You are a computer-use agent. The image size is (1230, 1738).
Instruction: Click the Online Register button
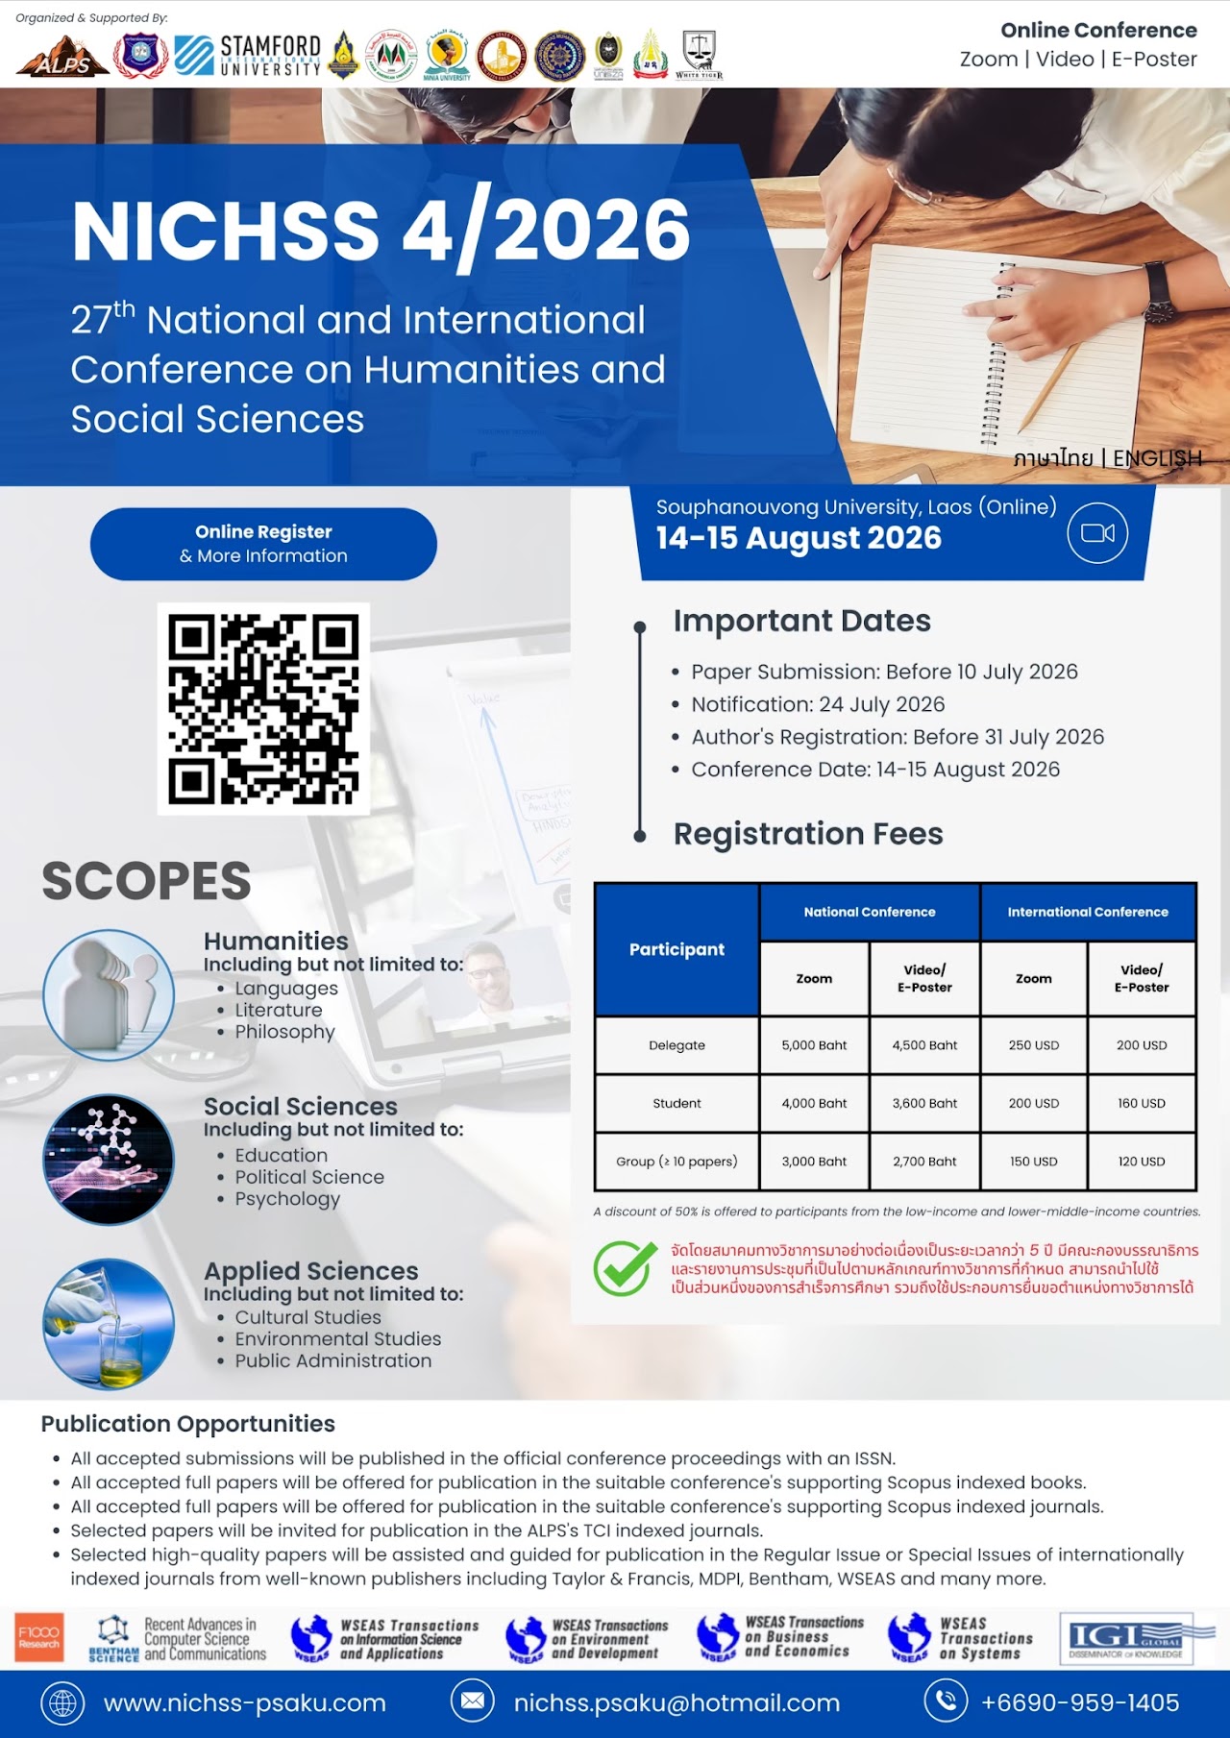(263, 544)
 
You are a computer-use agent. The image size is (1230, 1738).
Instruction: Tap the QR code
(263, 709)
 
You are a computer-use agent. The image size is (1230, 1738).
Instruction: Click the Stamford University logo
(248, 55)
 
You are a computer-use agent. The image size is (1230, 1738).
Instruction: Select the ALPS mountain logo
(61, 57)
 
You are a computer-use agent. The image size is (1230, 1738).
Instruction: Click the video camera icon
(1097, 533)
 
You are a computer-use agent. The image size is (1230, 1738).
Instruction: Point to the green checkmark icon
(625, 1268)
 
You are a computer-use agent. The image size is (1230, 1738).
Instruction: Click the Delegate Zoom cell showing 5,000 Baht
(814, 1045)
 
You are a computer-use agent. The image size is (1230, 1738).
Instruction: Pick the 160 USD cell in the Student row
(1141, 1103)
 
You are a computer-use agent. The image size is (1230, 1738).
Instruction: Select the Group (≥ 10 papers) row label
(676, 1162)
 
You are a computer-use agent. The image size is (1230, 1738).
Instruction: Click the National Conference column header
(869, 912)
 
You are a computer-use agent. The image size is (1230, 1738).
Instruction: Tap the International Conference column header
(1088, 912)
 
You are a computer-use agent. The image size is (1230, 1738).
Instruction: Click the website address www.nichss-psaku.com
(244, 1703)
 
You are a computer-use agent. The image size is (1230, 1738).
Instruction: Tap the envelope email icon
(473, 1701)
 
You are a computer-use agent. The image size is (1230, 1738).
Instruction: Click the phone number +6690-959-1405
(1079, 1703)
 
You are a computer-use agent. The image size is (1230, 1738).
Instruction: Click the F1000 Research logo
(39, 1637)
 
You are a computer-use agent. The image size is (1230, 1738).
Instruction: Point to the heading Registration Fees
(808, 834)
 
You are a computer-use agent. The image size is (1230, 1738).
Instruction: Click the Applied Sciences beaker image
(109, 1324)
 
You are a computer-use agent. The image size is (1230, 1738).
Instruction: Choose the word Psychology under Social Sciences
(287, 1199)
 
